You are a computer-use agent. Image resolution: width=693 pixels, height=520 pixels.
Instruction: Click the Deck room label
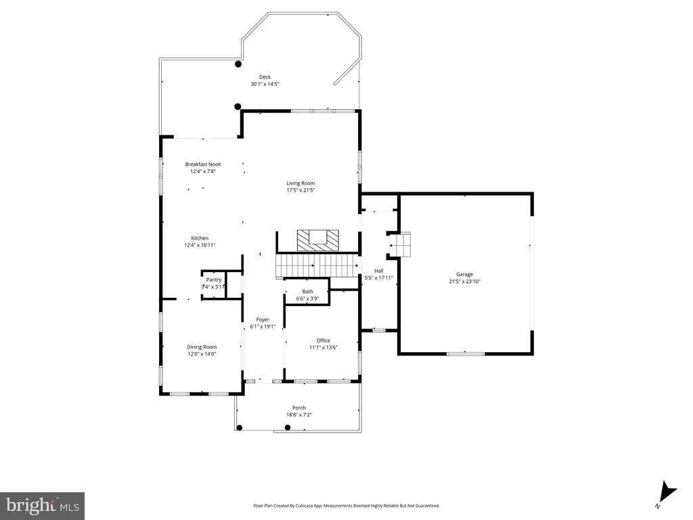(x=265, y=77)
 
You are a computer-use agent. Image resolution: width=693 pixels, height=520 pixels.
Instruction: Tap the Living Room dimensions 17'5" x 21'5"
(x=300, y=190)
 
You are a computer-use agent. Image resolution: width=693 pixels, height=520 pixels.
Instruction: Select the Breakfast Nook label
(x=203, y=164)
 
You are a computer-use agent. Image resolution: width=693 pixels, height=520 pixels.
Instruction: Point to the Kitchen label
(x=200, y=238)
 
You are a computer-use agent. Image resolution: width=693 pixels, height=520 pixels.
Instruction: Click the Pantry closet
(x=214, y=285)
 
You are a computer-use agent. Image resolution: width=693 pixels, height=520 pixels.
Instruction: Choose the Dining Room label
(x=202, y=347)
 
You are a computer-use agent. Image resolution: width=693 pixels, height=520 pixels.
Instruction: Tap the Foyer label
(x=263, y=320)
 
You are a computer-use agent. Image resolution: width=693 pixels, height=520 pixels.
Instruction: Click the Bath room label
(x=308, y=291)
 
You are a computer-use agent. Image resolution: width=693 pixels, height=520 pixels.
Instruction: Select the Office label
(x=323, y=341)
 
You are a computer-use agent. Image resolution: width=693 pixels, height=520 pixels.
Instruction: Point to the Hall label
(x=379, y=271)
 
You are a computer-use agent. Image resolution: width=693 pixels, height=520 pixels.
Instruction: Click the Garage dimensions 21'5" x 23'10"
(x=464, y=281)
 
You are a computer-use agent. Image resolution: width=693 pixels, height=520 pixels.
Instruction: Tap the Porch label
(x=298, y=408)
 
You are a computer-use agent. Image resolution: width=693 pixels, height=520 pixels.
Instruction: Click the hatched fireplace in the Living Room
(x=318, y=240)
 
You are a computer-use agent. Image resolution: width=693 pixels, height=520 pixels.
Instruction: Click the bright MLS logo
(x=42, y=506)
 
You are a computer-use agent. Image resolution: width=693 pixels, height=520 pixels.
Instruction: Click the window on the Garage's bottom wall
(x=466, y=353)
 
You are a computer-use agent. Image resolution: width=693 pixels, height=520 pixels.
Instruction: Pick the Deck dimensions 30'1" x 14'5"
(x=265, y=84)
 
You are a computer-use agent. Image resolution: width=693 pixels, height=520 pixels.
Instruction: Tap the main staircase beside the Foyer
(x=317, y=265)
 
